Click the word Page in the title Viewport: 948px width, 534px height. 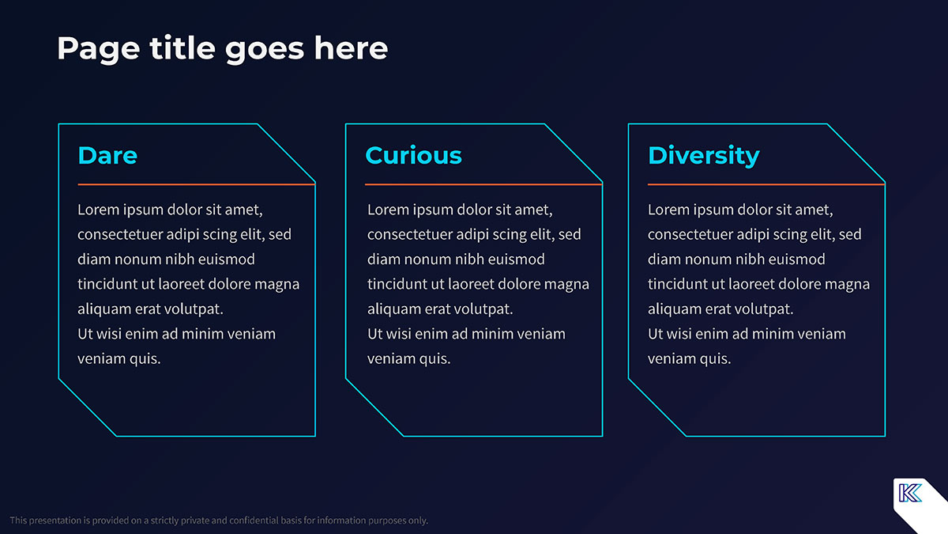pos(99,50)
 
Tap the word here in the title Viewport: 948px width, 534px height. pos(351,47)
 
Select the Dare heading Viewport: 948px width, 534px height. pos(107,155)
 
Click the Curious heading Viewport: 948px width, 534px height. pos(413,155)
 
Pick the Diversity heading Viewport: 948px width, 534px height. pos(704,156)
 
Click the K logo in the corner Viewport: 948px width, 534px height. pos(910,493)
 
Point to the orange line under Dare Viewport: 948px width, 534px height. pos(197,184)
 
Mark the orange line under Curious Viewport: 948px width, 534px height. pos(483,184)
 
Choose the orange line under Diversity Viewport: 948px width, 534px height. pos(766,184)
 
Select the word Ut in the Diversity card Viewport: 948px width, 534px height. pos(655,334)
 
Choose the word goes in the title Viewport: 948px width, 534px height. pos(265,50)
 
